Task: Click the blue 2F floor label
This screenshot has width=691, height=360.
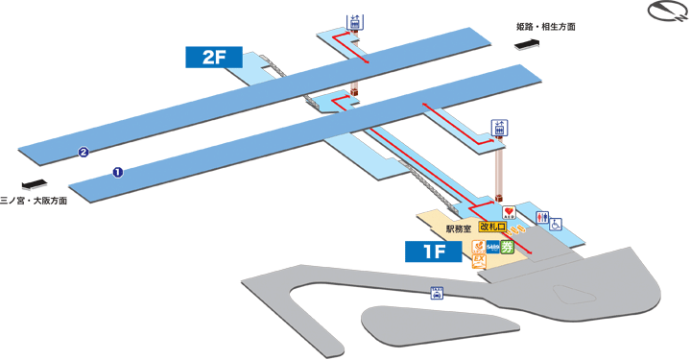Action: pos(213,58)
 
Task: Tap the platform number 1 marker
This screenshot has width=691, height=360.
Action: pos(117,174)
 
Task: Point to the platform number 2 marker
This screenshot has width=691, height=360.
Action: pos(84,152)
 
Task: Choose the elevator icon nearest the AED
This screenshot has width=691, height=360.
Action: pos(499,128)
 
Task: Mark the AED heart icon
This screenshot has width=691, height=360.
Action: pos(509,212)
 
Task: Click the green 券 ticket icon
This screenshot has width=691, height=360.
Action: pos(507,247)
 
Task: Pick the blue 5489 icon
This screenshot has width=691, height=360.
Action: pos(491,247)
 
